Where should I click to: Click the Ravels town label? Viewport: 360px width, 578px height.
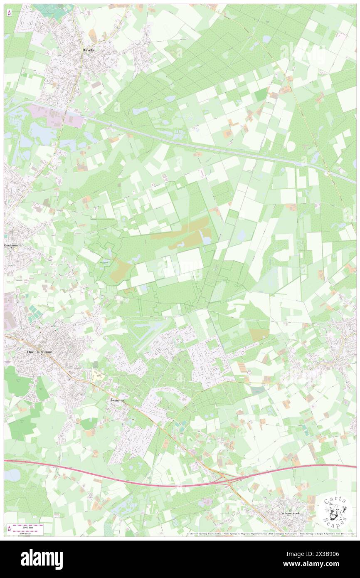(x=88, y=50)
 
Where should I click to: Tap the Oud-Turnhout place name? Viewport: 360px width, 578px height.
(x=39, y=352)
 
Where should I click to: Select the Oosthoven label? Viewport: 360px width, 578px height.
(x=12, y=246)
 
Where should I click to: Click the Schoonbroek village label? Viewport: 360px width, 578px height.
(x=287, y=513)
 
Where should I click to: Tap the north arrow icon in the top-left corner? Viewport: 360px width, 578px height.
(x=9, y=13)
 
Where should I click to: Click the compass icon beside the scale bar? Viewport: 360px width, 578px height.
(x=9, y=529)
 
